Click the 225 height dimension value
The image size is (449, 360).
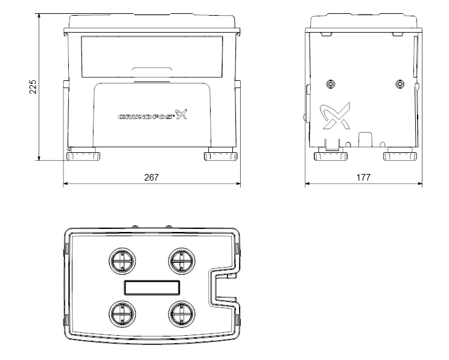[33, 87]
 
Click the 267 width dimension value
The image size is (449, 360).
[151, 178]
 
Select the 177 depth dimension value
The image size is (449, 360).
[363, 178]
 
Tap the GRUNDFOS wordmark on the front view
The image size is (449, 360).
[146, 117]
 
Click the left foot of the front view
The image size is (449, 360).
[83, 156]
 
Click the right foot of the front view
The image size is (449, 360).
[221, 156]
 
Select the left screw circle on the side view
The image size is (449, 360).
[331, 85]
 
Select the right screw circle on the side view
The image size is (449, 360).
[400, 85]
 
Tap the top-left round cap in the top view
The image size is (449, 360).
[123, 261]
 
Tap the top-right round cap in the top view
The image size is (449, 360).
[182, 261]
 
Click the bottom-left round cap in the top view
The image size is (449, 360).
[123, 314]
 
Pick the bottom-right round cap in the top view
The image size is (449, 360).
[182, 314]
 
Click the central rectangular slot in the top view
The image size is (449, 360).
[152, 288]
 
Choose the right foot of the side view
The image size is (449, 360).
[400, 156]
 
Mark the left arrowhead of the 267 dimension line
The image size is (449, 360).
[65, 183]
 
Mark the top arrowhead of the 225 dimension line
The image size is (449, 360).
[39, 16]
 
